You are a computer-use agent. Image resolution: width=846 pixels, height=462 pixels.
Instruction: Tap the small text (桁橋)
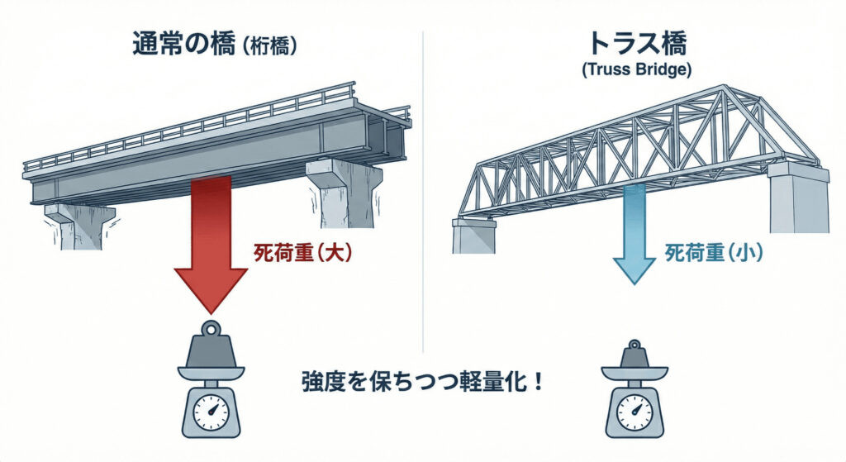267,46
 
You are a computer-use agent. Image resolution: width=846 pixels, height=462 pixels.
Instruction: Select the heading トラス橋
634,43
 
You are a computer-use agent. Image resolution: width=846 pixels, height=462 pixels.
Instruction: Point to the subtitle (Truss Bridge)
634,70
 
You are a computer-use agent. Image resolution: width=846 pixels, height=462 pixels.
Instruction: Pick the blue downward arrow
634,236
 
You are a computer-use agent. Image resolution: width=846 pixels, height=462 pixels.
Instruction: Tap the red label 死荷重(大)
302,254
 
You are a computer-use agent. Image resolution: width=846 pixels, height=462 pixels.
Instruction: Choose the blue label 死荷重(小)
714,254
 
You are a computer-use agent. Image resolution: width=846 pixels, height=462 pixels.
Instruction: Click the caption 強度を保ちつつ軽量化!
421,384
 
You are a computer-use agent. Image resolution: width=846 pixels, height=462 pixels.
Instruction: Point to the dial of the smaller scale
634,409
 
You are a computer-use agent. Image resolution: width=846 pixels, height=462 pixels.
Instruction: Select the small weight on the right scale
634,359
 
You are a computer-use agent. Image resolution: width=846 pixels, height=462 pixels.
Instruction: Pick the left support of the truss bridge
473,236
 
